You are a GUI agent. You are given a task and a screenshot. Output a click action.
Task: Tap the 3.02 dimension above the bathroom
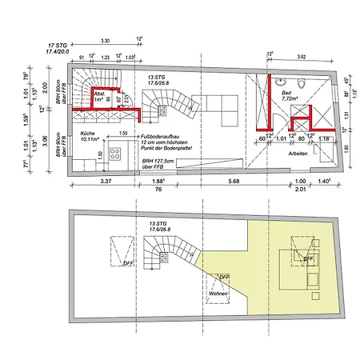[x=300, y=57]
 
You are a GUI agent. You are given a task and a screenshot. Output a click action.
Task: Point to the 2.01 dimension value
[x=299, y=190]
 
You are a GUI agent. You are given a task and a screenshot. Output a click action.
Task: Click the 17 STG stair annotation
[x=56, y=46]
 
